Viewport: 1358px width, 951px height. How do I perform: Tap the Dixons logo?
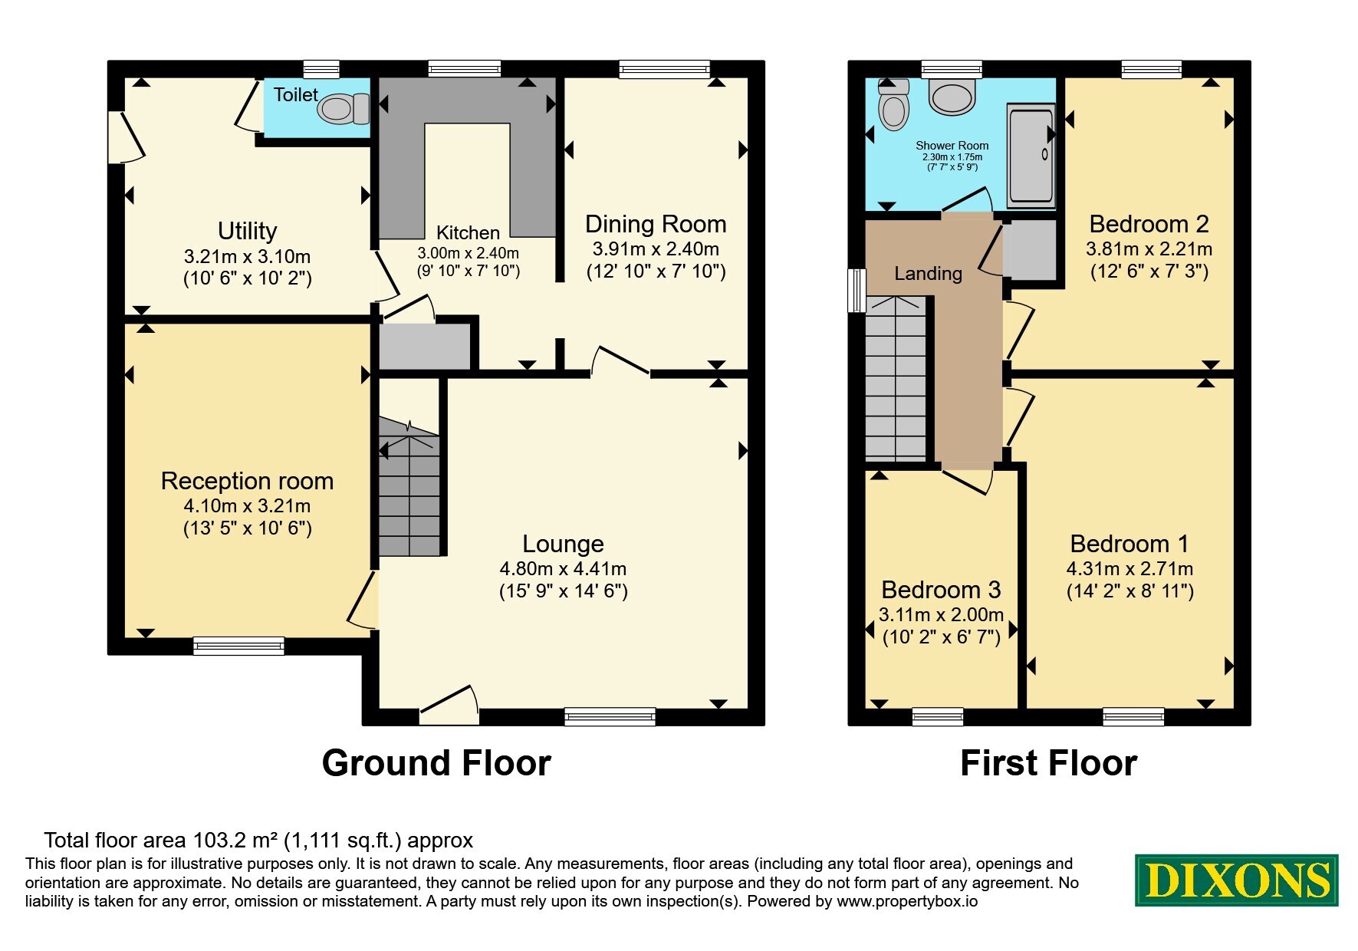pyautogui.click(x=1236, y=880)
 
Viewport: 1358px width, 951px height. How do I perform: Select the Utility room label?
pyautogui.click(x=247, y=231)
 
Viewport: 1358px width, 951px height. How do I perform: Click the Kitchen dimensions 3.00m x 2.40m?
pyautogui.click(x=468, y=253)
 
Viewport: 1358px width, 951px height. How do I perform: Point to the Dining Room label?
pyautogui.click(x=656, y=224)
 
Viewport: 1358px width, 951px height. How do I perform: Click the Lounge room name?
pyautogui.click(x=563, y=544)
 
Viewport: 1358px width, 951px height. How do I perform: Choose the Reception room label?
pyautogui.click(x=247, y=481)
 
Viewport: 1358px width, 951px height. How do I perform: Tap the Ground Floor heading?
pyautogui.click(x=436, y=763)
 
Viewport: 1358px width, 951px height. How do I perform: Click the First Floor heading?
pyautogui.click(x=1048, y=763)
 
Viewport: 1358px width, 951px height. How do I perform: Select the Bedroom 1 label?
pyautogui.click(x=1129, y=544)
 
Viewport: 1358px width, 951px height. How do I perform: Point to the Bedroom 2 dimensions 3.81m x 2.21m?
pyautogui.click(x=1149, y=249)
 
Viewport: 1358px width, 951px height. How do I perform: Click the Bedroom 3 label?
pyautogui.click(x=941, y=590)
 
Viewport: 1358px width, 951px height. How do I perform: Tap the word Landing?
pyautogui.click(x=928, y=274)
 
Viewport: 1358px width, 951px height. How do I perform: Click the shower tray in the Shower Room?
pyautogui.click(x=1031, y=156)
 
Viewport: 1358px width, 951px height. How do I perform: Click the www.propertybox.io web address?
pyautogui.click(x=907, y=902)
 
